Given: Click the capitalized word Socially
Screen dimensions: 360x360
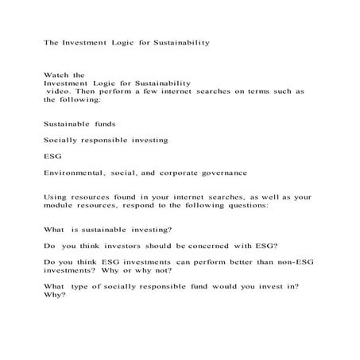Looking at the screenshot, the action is pos(63,139).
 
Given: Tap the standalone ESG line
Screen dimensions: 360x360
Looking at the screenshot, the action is pos(53,156).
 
